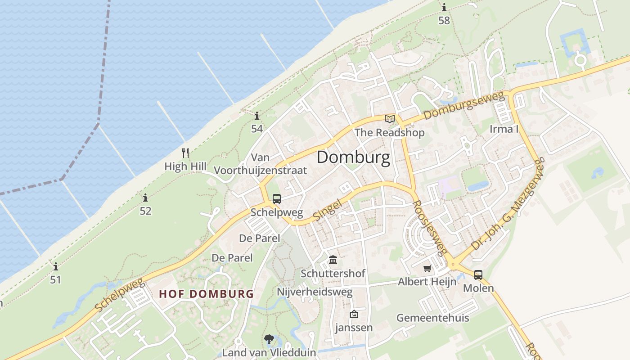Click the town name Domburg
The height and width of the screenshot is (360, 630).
[x=353, y=157]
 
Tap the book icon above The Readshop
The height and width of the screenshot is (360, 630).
[x=390, y=119]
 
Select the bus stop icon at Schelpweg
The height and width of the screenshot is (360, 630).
[x=277, y=199]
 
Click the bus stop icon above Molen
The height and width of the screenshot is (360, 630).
[x=478, y=274]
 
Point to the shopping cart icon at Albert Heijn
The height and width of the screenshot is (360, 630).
[x=427, y=269]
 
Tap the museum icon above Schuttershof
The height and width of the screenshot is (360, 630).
[x=333, y=260]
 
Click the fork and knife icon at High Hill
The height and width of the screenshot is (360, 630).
[x=185, y=153]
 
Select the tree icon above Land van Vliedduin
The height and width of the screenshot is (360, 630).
[x=269, y=339]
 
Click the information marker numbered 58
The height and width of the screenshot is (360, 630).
[x=444, y=8]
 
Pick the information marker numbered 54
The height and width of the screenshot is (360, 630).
[x=256, y=116]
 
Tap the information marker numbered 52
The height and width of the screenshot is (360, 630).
[x=145, y=198]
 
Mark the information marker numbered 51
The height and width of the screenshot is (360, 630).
[x=55, y=266]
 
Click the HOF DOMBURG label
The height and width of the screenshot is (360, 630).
[x=207, y=294]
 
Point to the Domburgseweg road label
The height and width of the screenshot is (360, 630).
[x=463, y=105]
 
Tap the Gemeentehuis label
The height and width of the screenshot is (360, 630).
[x=432, y=318]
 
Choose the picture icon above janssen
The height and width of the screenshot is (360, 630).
[x=354, y=314]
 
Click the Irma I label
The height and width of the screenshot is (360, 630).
[x=504, y=129]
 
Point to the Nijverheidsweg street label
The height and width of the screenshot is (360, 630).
[x=315, y=292]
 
